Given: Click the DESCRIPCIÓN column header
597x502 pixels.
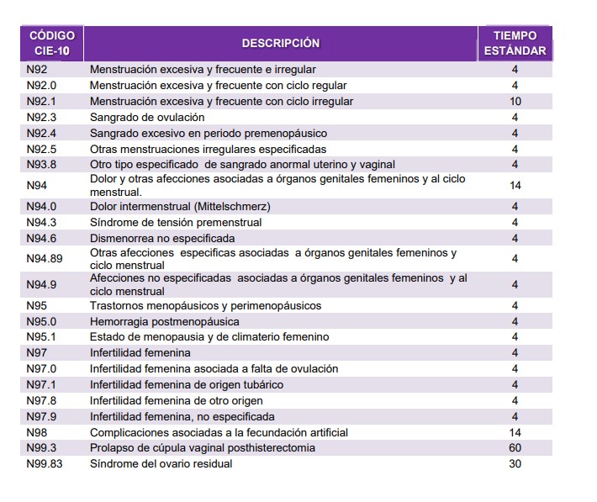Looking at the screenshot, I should [281, 43].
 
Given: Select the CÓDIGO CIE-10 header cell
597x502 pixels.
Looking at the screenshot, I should [51, 43].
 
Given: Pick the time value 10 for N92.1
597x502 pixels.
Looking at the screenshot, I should [515, 102].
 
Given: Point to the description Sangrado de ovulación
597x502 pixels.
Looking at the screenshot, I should [147, 118].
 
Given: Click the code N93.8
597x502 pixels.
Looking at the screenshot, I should [42, 165].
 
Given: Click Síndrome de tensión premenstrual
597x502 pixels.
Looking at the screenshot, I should [176, 223].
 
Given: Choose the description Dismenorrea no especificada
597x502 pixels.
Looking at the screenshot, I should [163, 239].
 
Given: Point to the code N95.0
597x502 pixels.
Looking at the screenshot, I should [42, 321].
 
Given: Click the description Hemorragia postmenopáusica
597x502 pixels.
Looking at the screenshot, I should [165, 321].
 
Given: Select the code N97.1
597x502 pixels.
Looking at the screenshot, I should [42, 384].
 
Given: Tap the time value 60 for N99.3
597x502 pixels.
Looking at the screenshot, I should [515, 448].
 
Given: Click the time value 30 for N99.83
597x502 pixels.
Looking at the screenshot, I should [515, 464].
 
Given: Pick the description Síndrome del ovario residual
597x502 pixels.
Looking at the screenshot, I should [161, 464].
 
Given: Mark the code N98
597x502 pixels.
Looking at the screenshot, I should [36, 432].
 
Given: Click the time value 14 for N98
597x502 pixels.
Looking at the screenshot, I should [515, 432].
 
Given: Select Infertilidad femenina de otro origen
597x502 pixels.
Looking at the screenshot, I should [177, 400].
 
